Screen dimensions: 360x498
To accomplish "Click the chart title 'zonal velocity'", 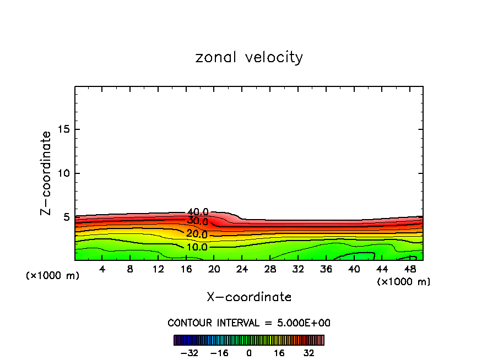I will tap(249, 57).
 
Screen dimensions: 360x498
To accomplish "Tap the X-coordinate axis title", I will tap(249, 297).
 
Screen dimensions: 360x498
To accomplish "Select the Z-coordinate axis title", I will tap(47, 173).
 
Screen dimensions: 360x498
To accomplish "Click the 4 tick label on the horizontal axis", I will tap(102, 269).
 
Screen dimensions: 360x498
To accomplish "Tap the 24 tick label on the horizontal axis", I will tap(242, 269).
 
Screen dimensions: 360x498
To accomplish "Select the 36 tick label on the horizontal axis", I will tap(326, 269).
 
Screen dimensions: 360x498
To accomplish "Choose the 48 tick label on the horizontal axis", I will tap(410, 269).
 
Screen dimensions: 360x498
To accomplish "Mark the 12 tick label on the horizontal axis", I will tap(159, 269).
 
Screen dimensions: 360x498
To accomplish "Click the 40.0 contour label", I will tap(198, 212).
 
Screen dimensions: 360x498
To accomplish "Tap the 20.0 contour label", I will tap(197, 234).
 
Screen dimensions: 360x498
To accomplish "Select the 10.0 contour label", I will tap(197, 247).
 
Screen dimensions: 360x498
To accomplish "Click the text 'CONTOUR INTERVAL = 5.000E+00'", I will tap(249, 323).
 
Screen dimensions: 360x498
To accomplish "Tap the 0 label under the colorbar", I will tap(249, 353).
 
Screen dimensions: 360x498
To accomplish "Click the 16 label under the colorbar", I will tap(279, 353).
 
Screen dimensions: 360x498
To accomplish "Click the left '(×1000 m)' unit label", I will tap(53, 276).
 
